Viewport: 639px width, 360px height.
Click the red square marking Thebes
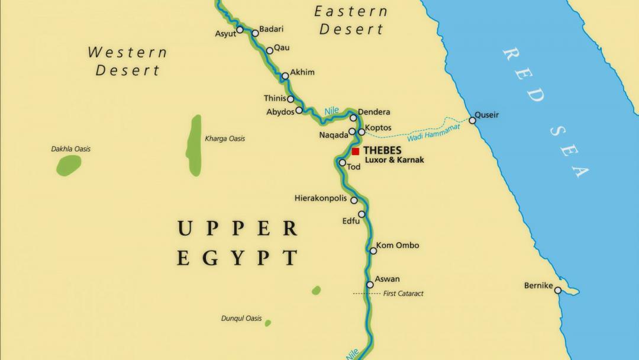click(356, 152)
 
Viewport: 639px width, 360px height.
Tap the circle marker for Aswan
click(370, 285)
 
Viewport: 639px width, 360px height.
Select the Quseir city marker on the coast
click(472, 121)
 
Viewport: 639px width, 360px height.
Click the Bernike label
click(538, 285)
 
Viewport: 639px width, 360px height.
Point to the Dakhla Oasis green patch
click(69, 165)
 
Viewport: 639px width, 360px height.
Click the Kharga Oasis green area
click(194, 145)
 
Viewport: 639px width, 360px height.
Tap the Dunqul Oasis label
click(241, 319)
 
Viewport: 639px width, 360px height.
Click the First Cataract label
click(403, 294)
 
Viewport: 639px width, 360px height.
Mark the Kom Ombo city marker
click(373, 251)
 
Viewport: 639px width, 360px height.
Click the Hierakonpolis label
click(321, 198)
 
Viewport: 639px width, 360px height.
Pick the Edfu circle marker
click(362, 214)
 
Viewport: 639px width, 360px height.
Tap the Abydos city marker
click(299, 110)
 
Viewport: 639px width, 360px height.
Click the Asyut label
click(225, 34)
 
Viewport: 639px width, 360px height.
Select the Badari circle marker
click(255, 33)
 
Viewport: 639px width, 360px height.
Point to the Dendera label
click(374, 112)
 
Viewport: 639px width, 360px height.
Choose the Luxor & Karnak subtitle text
click(394, 160)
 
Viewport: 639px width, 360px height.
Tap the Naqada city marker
click(352, 132)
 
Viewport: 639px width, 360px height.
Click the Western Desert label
click(128, 61)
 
